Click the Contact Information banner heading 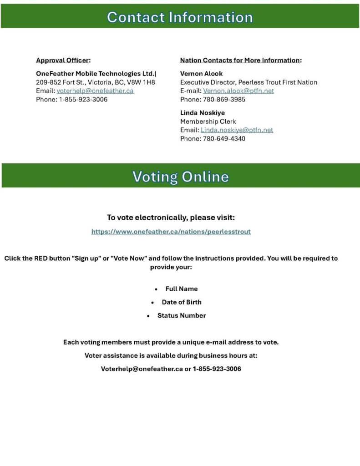180,17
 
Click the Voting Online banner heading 180,176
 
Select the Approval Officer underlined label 62,60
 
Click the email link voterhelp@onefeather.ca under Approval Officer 95,91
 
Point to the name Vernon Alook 201,73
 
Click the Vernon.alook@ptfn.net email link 238,91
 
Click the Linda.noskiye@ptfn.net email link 237,130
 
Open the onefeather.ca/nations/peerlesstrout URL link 171,231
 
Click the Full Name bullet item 181,289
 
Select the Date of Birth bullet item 181,302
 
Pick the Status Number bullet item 181,315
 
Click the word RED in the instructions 41,258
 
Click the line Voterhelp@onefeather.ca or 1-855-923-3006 171,369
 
